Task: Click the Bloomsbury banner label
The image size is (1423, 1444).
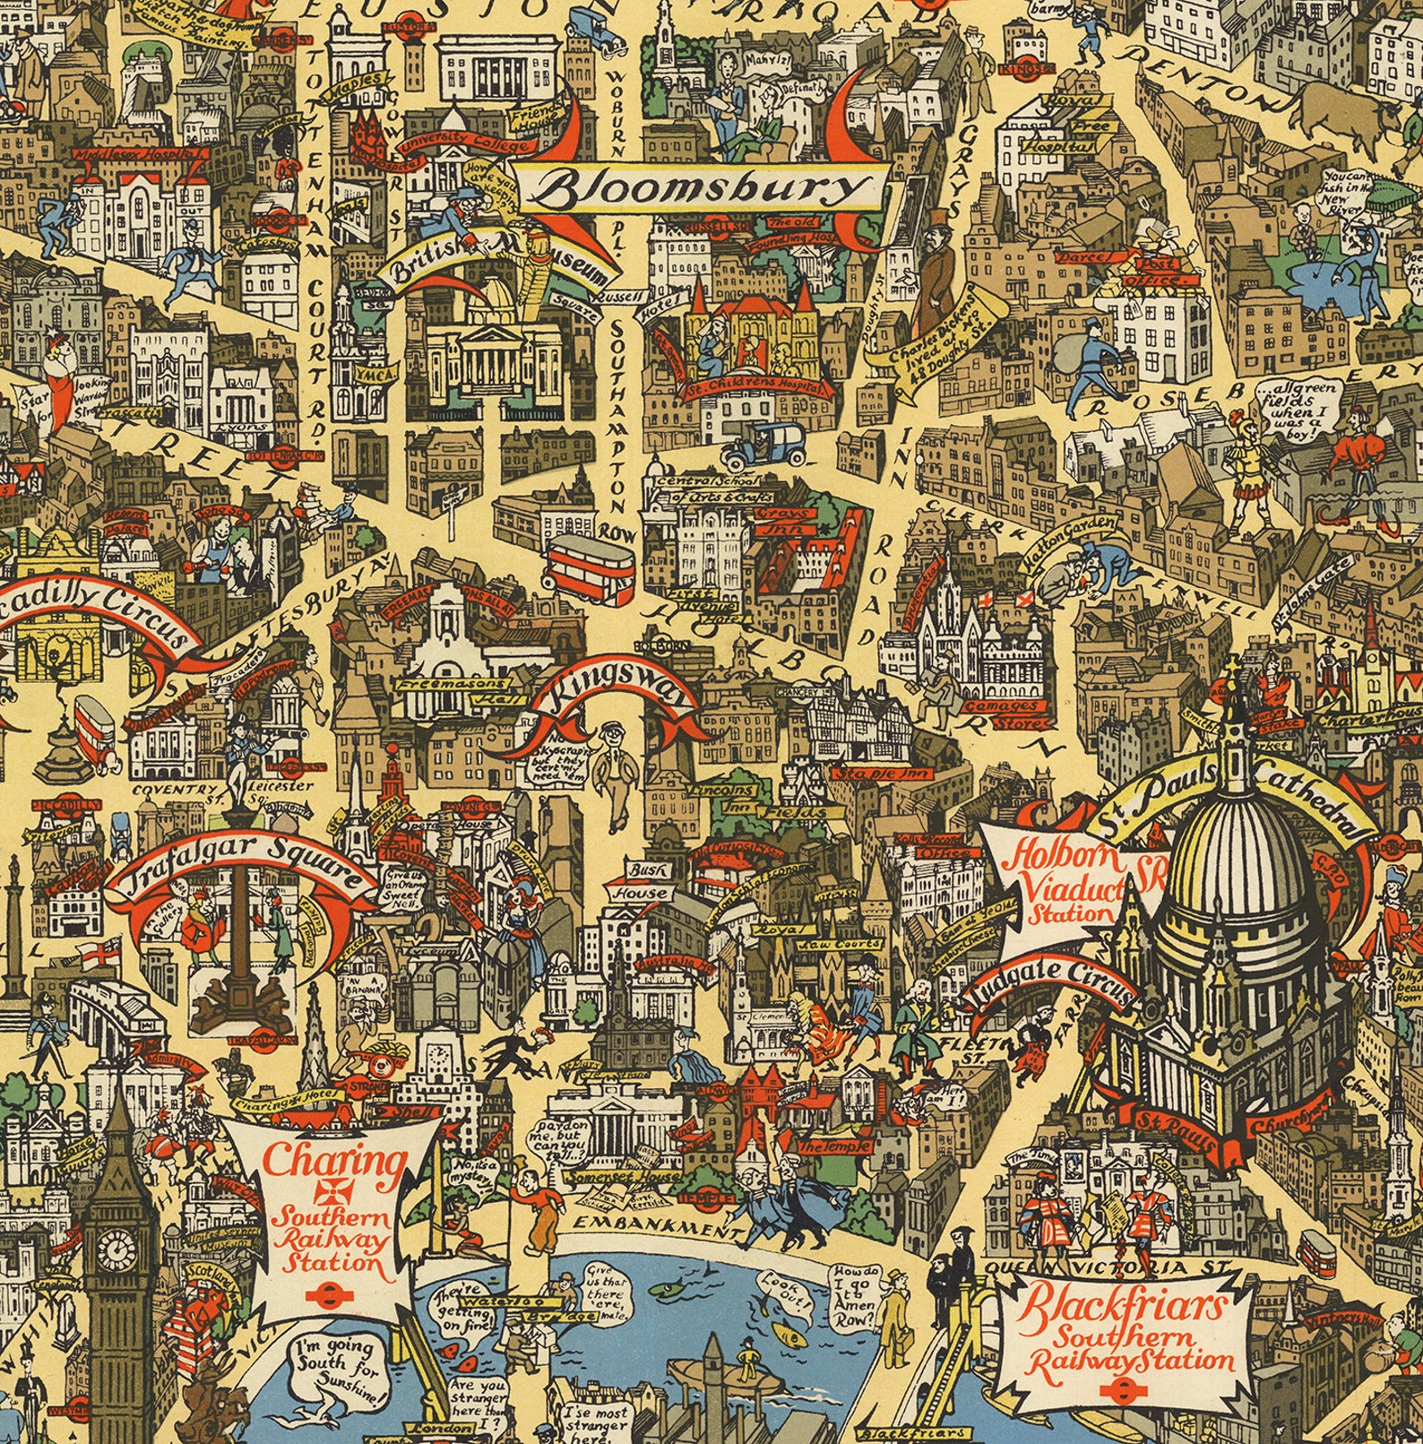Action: pyautogui.click(x=708, y=189)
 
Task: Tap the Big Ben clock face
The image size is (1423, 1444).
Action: pyautogui.click(x=116, y=1246)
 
